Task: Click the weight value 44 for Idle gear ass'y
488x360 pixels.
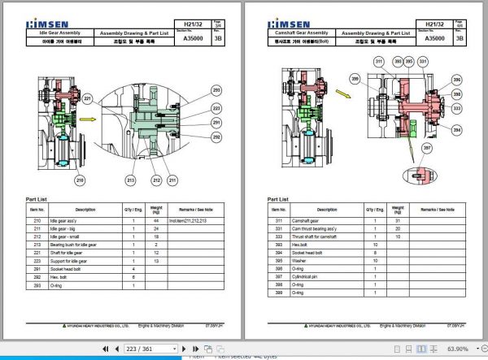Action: coord(155,220)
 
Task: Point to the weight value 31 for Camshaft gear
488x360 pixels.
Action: coord(398,220)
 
